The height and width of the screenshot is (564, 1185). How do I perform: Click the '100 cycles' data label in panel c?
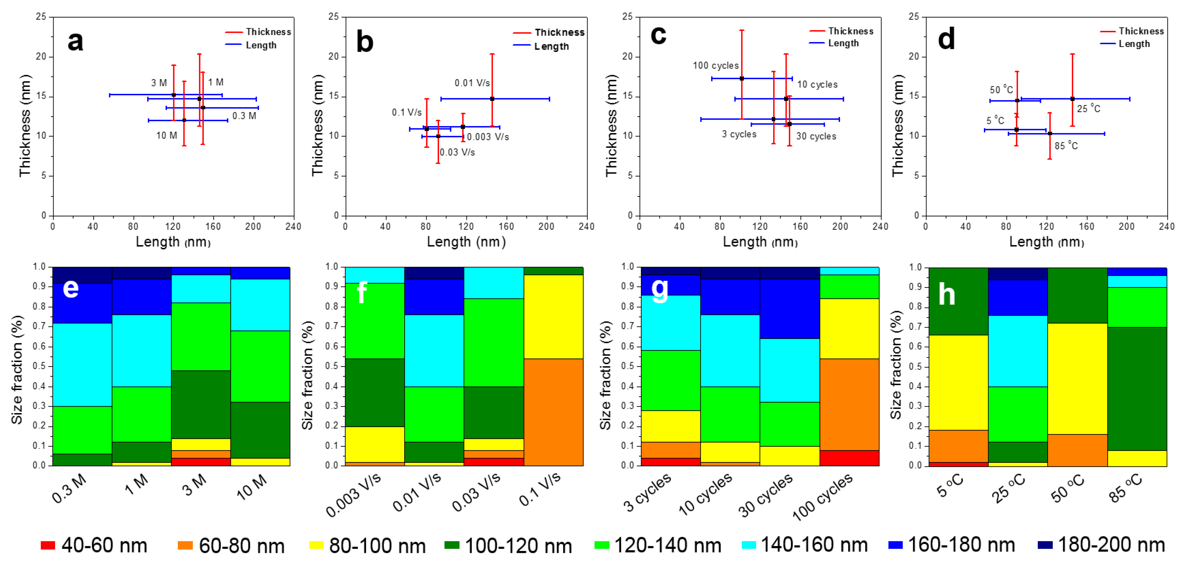tap(715, 66)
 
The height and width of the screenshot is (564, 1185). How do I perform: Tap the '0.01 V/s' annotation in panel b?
tap(472, 83)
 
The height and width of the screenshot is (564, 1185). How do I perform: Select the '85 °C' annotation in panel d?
tap(1066, 146)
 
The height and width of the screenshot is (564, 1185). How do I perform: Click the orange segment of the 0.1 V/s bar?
tap(553, 412)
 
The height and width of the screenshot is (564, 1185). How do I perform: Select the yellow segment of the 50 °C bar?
tap(1077, 379)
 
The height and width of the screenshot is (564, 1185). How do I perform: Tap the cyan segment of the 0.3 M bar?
tap(82, 365)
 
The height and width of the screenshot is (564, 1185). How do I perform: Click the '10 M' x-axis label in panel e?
tap(251, 486)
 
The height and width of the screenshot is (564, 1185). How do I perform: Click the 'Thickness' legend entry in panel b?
tap(559, 33)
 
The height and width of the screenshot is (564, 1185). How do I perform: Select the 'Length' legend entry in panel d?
tap(1134, 44)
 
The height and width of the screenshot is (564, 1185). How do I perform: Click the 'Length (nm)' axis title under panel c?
tap(760, 242)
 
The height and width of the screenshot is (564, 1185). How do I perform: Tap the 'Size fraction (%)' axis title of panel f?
tap(307, 375)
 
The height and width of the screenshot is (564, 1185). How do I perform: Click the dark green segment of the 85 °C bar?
tap(1137, 388)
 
